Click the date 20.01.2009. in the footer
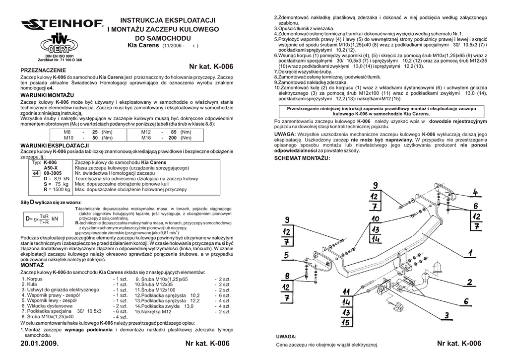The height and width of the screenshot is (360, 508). (40, 344)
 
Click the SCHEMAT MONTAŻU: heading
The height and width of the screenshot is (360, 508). (302, 158)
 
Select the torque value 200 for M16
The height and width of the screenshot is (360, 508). (173, 138)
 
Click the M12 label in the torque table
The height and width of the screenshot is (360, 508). (146, 132)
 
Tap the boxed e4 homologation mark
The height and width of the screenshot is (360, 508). (35, 173)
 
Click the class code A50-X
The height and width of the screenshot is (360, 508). (51, 168)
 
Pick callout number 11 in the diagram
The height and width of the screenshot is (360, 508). (347, 291)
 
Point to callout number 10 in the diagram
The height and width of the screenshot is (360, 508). (375, 218)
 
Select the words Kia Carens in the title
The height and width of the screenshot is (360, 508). (135, 45)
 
